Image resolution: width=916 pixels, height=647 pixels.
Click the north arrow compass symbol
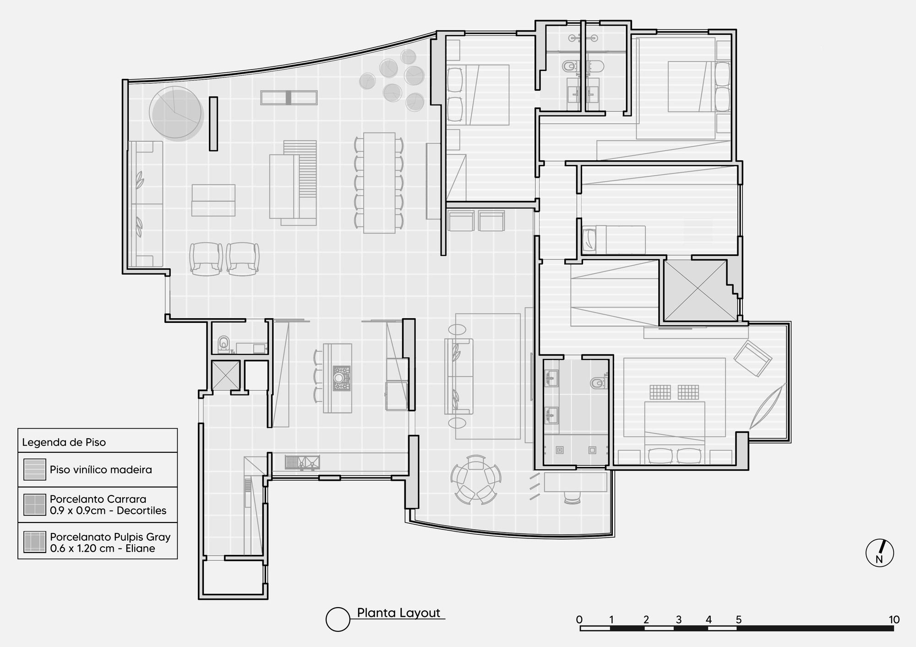[x=879, y=553]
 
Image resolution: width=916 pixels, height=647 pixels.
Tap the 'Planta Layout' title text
[x=398, y=613]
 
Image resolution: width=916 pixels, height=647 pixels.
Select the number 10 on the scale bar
[x=894, y=620]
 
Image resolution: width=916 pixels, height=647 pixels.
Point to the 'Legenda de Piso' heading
[x=64, y=442]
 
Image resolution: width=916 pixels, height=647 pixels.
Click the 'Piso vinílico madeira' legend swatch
[x=35, y=469]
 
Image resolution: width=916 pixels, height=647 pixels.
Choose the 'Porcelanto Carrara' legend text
[x=98, y=499]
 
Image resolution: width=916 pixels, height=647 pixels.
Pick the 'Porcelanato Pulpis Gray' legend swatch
[x=35, y=542]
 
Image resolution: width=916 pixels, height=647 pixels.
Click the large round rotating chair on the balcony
[x=176, y=113]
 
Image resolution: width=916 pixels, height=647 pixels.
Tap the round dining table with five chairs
[x=476, y=479]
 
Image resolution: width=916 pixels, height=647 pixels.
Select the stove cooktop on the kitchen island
[x=341, y=378]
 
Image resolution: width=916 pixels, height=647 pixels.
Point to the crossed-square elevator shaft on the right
[x=695, y=290]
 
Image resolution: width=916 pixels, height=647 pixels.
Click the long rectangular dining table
[x=380, y=183]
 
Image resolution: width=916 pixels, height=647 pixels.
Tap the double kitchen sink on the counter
[x=302, y=462]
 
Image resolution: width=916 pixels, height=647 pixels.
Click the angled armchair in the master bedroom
[x=752, y=358]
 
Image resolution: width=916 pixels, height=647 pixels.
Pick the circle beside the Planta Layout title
[x=338, y=619]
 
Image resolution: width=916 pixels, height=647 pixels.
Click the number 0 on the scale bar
[x=579, y=620]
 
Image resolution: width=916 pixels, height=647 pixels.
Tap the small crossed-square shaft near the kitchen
[x=226, y=375]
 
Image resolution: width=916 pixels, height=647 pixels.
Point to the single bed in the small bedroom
[x=614, y=239]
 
